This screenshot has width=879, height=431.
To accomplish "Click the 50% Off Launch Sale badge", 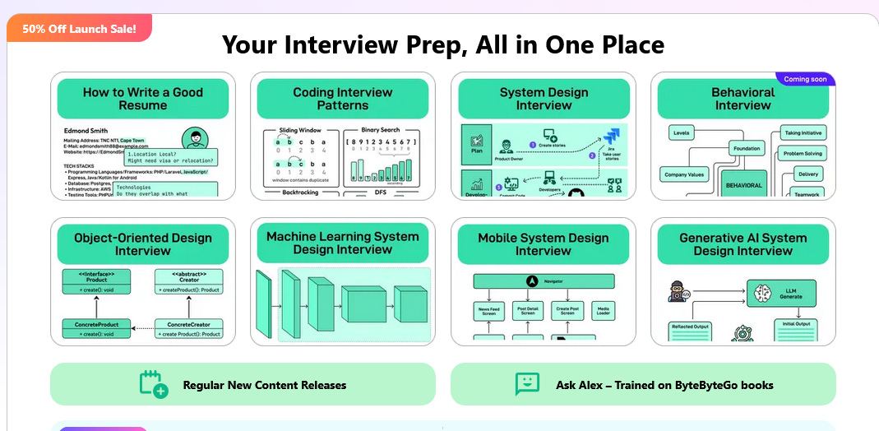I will click(x=79, y=29).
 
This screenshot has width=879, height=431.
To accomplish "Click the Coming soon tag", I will click(x=805, y=79).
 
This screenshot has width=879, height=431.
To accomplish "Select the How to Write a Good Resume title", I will click(x=143, y=99).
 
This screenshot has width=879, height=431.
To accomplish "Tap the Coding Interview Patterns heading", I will click(x=343, y=99).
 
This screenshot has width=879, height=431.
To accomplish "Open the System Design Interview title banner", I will click(x=544, y=99).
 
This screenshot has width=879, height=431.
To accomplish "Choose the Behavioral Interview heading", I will click(x=743, y=99).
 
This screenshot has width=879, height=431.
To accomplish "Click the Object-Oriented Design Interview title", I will click(x=143, y=244).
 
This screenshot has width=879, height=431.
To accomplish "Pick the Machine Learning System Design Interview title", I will click(x=343, y=243).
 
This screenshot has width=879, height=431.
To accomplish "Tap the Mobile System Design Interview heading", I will click(x=544, y=244).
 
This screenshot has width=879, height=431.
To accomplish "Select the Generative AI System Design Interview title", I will click(x=743, y=244).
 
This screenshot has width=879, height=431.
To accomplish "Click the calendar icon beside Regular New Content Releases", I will click(x=154, y=384).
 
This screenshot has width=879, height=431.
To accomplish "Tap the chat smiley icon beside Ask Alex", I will click(x=527, y=384).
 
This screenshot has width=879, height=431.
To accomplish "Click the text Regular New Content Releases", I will click(x=264, y=385).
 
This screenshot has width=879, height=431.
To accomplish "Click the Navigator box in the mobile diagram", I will click(x=544, y=281).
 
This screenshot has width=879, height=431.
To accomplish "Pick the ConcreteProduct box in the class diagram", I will click(x=97, y=329).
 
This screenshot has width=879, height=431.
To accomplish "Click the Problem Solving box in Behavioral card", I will click(x=802, y=154).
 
